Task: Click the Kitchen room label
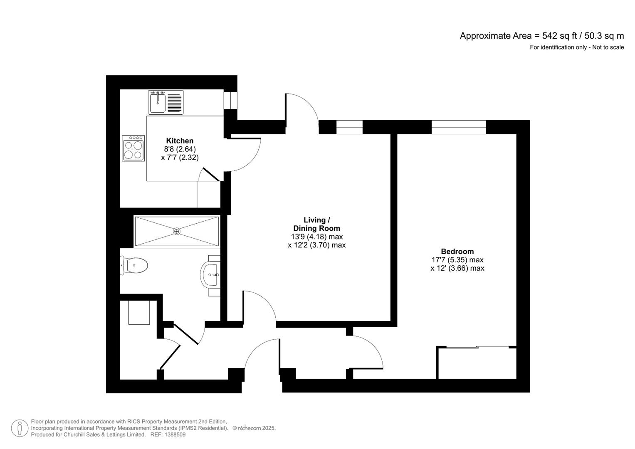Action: (180, 141)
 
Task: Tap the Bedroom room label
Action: (457, 251)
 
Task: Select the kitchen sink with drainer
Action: (166, 102)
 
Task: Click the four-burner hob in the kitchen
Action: (133, 148)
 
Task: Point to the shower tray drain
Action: (177, 231)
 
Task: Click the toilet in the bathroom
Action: (134, 265)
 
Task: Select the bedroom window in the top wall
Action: (458, 127)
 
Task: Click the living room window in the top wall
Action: (349, 127)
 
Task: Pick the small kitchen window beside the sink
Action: (230, 100)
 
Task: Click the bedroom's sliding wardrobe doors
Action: (477, 347)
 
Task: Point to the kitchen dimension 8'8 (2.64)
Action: (180, 149)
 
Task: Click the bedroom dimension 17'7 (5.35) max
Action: (457, 260)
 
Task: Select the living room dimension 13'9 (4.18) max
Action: (316, 237)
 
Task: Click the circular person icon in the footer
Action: (20, 428)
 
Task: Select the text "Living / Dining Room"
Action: (316, 224)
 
